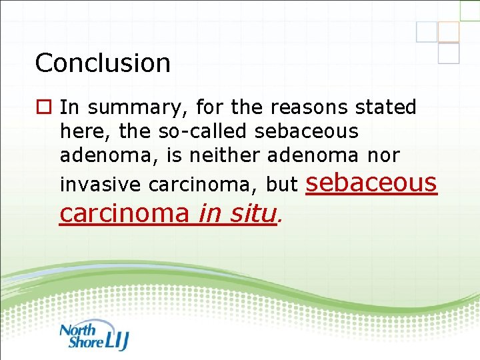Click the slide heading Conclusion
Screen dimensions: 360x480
click(103, 63)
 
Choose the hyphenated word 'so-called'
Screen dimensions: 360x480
click(201, 131)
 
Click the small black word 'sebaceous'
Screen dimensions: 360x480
click(307, 131)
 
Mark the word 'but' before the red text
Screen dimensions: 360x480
click(281, 184)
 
